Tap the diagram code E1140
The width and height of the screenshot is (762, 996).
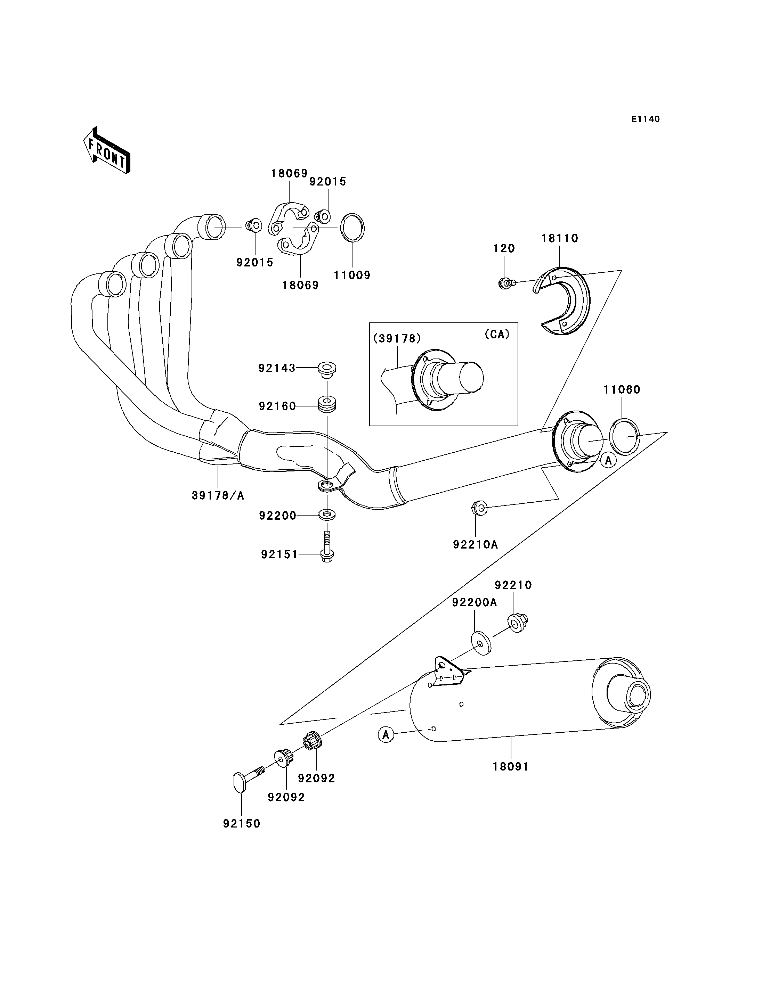(x=646, y=119)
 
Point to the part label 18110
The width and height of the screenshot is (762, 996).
(x=560, y=238)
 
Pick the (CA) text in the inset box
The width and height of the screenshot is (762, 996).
(x=497, y=334)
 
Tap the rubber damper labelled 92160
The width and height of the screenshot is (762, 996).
(x=327, y=404)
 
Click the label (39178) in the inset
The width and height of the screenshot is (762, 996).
(x=397, y=338)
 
